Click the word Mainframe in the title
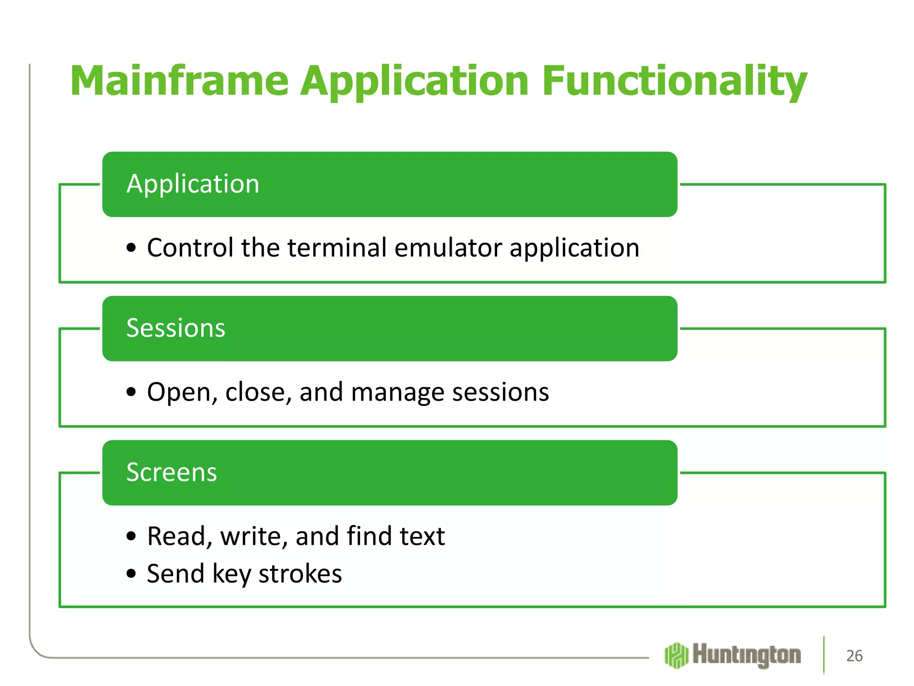click(179, 81)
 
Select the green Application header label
click(193, 184)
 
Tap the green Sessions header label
click(176, 328)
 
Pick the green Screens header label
click(171, 473)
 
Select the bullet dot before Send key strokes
click(131, 574)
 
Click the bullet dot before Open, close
click(131, 393)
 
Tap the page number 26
click(854, 656)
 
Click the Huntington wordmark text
click(747, 655)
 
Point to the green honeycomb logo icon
click(677, 655)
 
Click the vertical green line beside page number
click(824, 655)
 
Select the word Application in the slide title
click(415, 81)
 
